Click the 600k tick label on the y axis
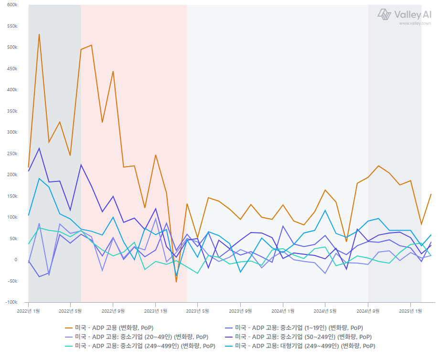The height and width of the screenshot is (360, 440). tap(11, 5)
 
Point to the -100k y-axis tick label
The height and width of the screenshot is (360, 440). tap(10, 302)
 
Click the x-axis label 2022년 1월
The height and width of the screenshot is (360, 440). tap(28, 311)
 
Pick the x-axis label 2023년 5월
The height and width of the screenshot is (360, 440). tap(198, 311)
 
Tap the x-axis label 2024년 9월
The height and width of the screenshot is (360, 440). tap(368, 311)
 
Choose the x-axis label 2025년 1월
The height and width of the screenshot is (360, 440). tap(410, 311)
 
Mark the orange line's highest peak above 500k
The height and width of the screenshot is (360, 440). tap(39, 34)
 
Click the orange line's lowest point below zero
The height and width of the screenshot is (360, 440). tap(176, 282)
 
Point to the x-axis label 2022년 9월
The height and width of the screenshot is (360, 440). tap(113, 311)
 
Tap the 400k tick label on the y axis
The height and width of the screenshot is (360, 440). tap(11, 90)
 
